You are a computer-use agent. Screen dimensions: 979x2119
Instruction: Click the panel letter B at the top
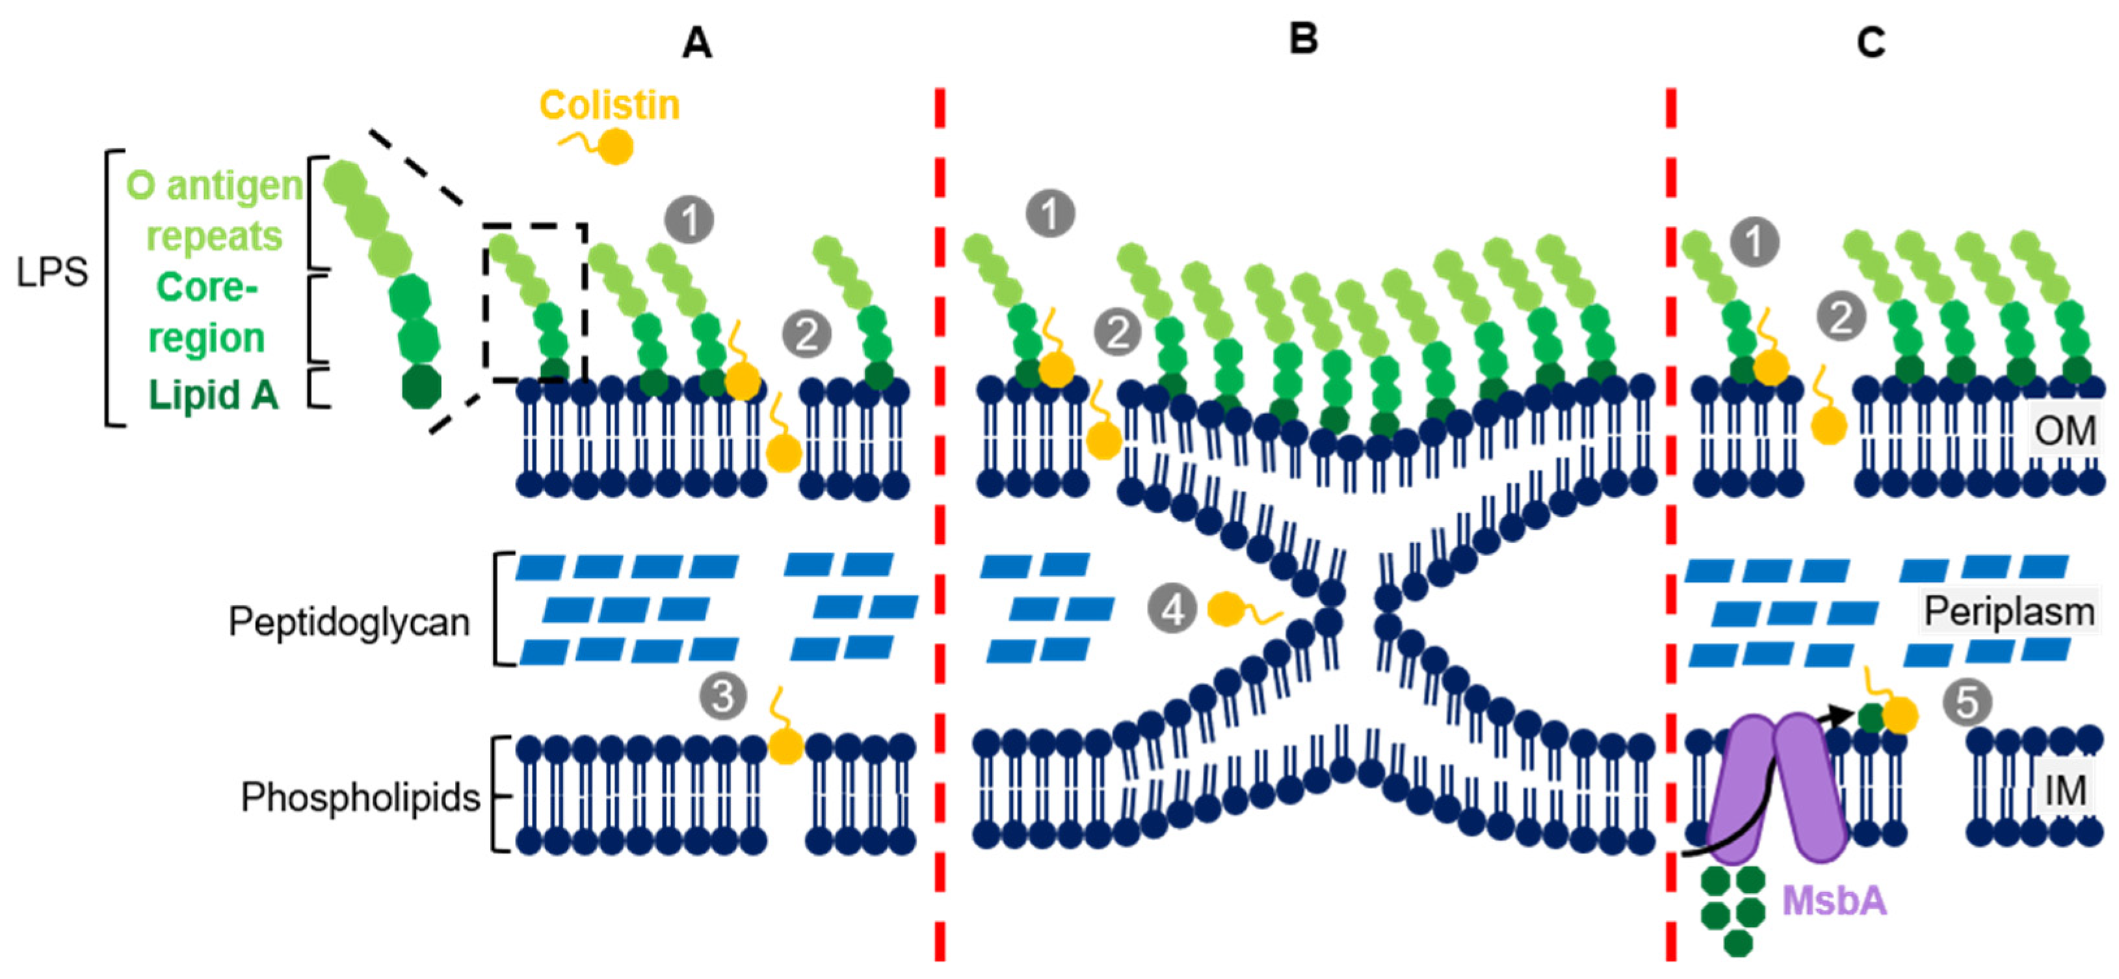coord(1303,38)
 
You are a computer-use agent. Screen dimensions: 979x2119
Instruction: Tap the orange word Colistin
coord(609,105)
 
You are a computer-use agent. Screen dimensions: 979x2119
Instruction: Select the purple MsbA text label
coord(1834,901)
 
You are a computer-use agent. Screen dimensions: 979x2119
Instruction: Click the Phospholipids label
coord(360,797)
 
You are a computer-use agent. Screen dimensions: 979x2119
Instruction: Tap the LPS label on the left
coord(52,272)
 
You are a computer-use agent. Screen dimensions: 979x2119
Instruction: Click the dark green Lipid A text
coord(213,395)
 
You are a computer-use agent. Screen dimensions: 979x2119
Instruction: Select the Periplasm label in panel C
coord(2008,611)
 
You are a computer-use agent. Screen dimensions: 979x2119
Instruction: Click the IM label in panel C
coord(2065,790)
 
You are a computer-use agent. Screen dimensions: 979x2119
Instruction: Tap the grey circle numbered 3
coord(723,696)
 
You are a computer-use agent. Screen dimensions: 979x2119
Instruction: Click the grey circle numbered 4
coord(1172,610)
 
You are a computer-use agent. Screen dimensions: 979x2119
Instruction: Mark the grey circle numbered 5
coord(1968,703)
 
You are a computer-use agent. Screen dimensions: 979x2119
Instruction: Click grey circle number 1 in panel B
coord(1051,213)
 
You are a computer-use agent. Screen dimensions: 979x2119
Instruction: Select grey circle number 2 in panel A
coord(806,334)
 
